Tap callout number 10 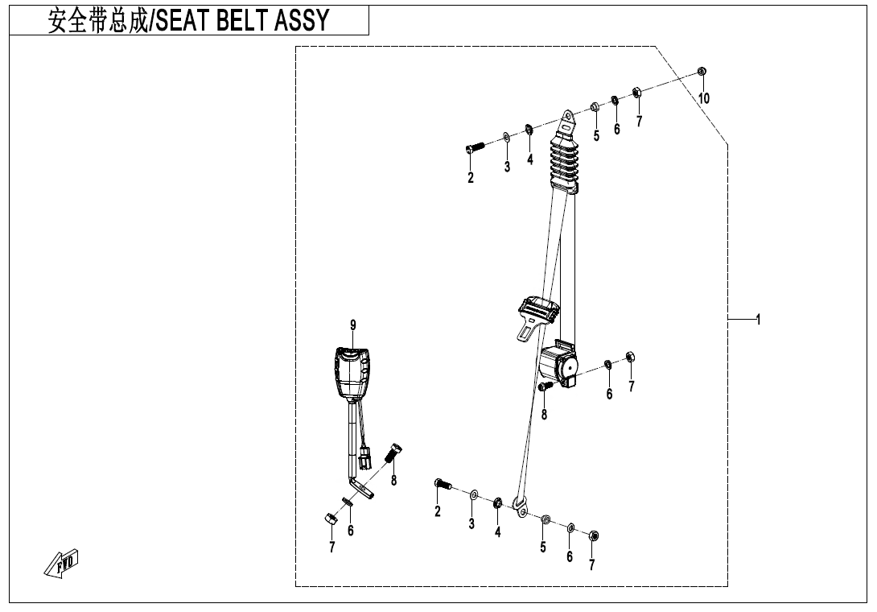(x=704, y=98)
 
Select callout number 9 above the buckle (x=353, y=325)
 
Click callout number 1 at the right (x=758, y=320)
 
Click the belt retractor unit (x=559, y=363)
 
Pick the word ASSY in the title (x=303, y=20)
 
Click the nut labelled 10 (x=702, y=71)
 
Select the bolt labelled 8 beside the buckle (x=394, y=452)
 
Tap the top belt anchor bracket (x=568, y=122)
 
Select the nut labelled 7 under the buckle (x=329, y=519)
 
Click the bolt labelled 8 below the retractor (x=546, y=387)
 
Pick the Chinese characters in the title (x=98, y=20)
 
